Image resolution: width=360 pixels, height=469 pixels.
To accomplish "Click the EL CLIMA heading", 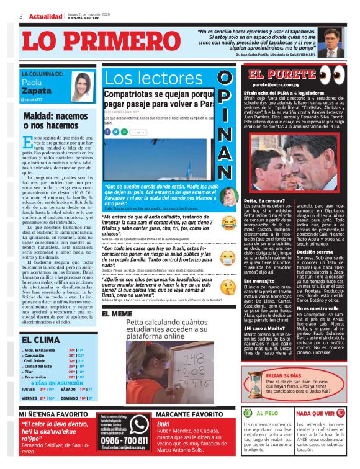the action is click(41, 339).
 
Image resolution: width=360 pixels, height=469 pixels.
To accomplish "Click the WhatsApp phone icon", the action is click(139, 422).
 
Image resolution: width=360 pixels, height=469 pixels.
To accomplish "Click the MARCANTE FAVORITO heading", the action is click(189, 414).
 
